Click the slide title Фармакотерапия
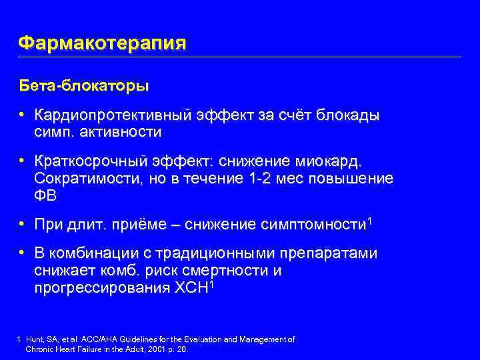point(102,43)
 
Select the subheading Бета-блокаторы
point(83,87)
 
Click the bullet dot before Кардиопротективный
point(22,115)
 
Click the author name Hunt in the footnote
point(33,339)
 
